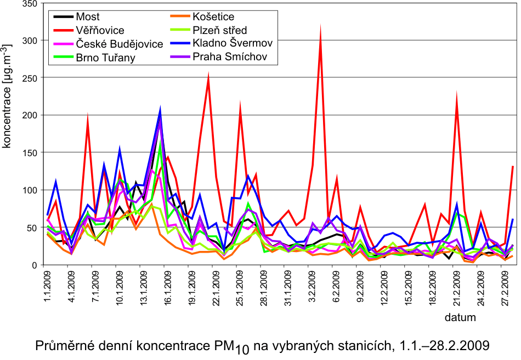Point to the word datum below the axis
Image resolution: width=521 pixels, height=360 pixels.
pos(460,317)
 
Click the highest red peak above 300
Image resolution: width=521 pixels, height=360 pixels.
pos(320,27)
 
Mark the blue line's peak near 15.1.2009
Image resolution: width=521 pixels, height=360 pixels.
pos(160,108)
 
